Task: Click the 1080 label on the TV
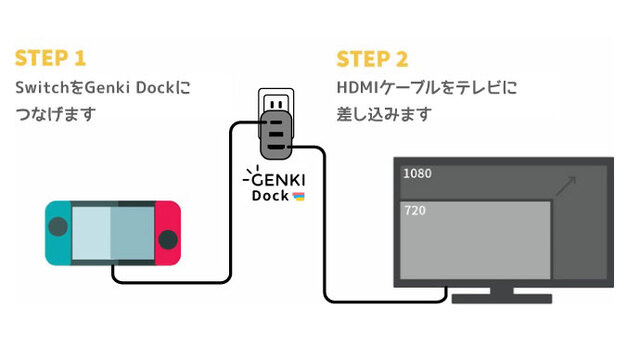click(417, 174)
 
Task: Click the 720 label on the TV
click(413, 211)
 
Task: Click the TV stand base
click(500, 298)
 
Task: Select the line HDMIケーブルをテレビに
click(426, 88)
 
